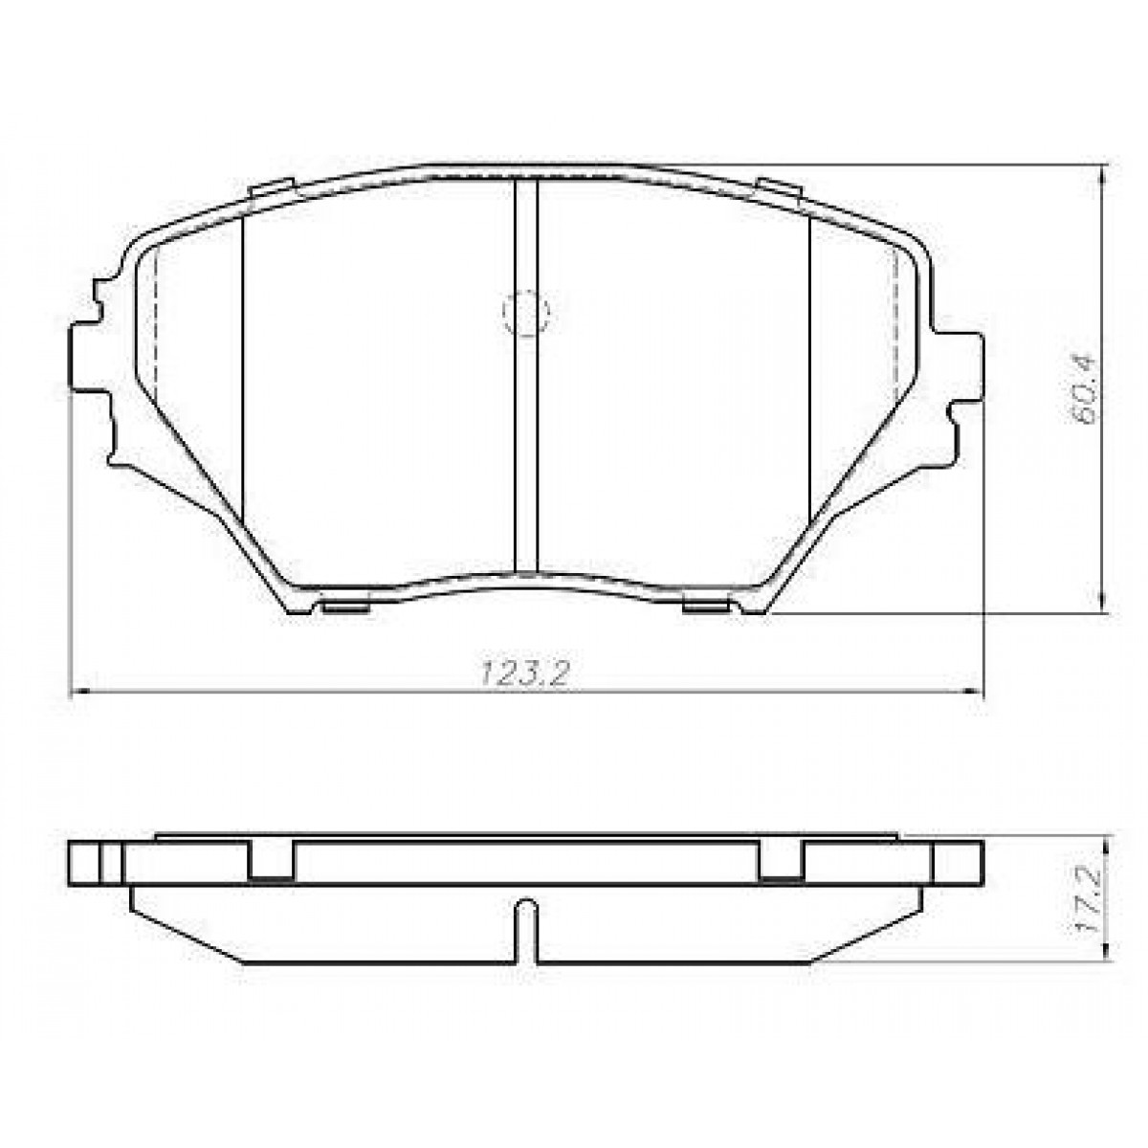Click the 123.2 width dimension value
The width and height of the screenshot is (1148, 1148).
525,674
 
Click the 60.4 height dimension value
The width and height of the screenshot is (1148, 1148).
1084,389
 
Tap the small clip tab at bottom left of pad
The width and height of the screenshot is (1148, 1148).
346,606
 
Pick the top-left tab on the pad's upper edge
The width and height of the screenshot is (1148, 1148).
272,189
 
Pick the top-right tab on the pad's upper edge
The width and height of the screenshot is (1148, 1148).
778,189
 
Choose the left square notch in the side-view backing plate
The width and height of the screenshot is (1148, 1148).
272,860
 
